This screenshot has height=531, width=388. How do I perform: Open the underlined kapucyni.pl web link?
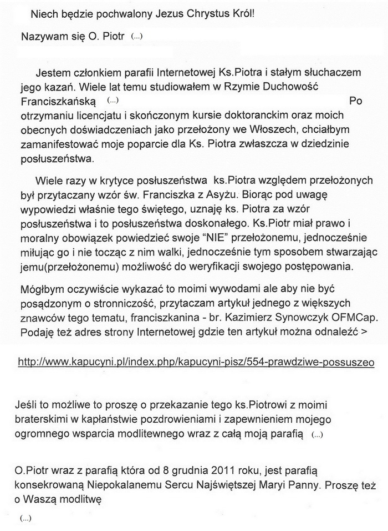(x=196, y=361)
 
